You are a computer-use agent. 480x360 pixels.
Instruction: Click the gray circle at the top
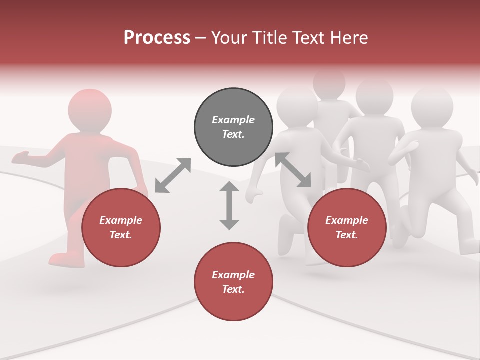[233, 127]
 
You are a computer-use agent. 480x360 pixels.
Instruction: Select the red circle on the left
[121, 228]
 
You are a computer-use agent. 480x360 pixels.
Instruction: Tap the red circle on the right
[347, 228]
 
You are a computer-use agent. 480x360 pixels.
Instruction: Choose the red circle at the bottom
[233, 282]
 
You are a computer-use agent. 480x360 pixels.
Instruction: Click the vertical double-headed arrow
[229, 205]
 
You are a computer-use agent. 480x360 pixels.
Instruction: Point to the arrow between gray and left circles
[173, 175]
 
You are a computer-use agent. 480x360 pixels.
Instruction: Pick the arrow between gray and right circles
[293, 170]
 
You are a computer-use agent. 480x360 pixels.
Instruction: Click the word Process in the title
[157, 37]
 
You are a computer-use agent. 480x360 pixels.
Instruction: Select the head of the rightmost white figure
[432, 107]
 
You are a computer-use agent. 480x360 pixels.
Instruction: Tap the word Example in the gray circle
[233, 120]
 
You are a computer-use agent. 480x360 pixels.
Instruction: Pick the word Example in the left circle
[121, 220]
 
